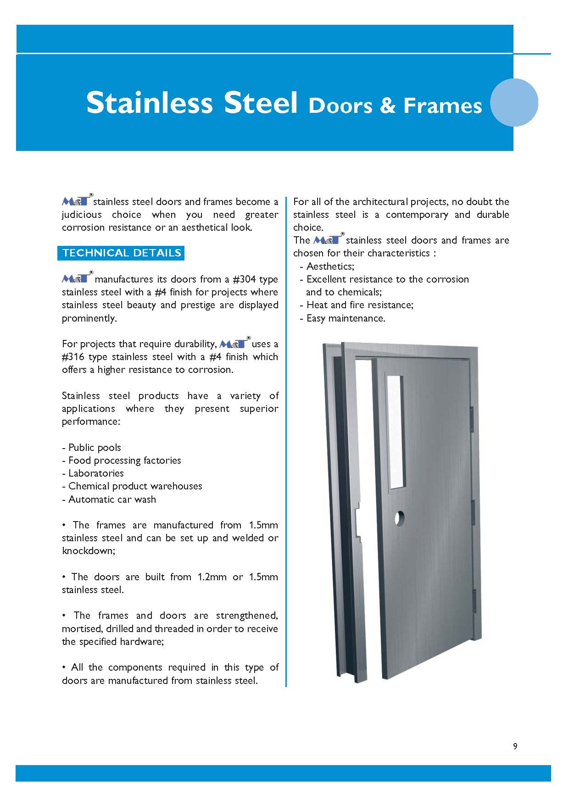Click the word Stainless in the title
click(x=150, y=103)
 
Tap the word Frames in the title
click(x=442, y=105)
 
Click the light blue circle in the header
click(x=514, y=102)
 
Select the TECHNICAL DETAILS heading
click(x=121, y=253)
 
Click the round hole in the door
click(x=400, y=518)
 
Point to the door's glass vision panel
click(x=396, y=431)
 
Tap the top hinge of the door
click(x=471, y=419)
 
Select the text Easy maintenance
click(x=346, y=318)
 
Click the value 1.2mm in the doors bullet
click(x=212, y=577)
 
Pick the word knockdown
click(x=88, y=551)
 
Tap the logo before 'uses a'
click(x=234, y=344)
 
